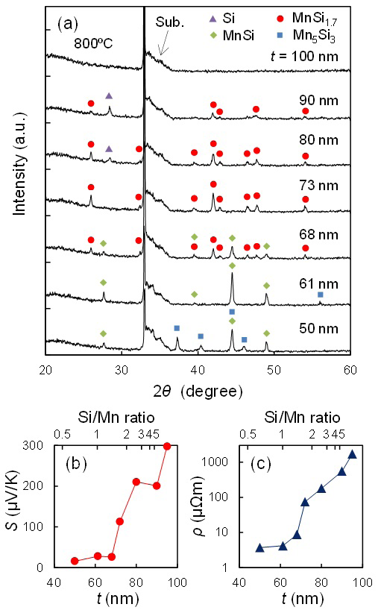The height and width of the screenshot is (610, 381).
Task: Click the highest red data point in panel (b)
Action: (167, 447)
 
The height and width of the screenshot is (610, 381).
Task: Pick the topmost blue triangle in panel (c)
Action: (352, 454)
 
